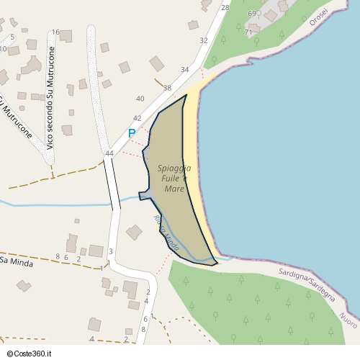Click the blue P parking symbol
(132, 133)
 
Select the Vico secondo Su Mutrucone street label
(50, 99)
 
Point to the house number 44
(109, 153)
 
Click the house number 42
(137, 118)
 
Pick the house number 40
(140, 99)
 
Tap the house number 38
(167, 88)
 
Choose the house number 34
(185, 70)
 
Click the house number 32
(204, 40)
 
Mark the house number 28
(225, 7)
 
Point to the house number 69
(251, 14)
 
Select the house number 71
(248, 32)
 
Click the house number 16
(55, 32)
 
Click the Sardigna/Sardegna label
(307, 285)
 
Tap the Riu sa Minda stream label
(166, 233)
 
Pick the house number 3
(111, 251)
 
